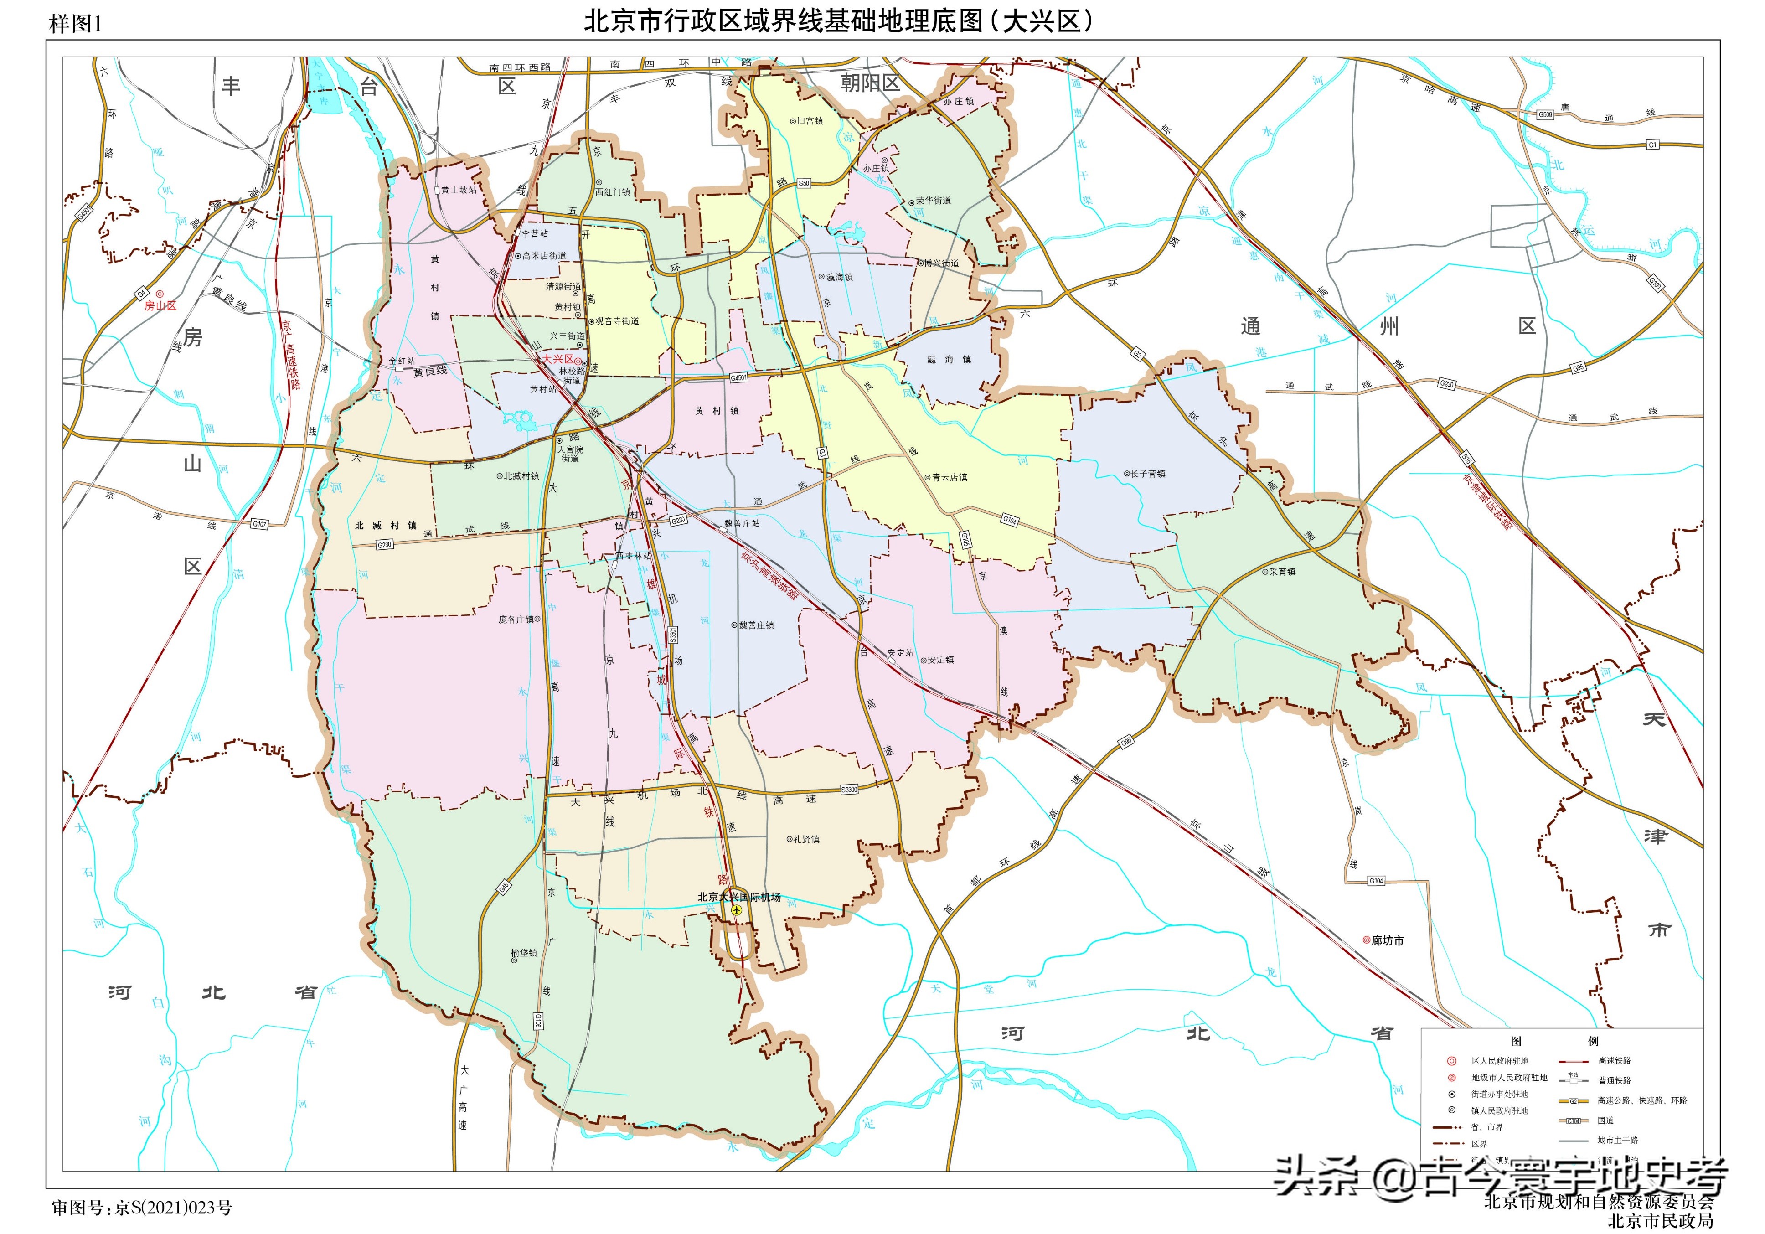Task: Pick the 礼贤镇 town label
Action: [x=805, y=840]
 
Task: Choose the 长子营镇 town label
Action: [x=1148, y=475]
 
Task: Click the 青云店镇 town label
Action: [x=950, y=477]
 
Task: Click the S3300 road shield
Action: [x=849, y=790]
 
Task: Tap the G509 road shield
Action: [x=1544, y=114]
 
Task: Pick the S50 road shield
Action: [x=803, y=183]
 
